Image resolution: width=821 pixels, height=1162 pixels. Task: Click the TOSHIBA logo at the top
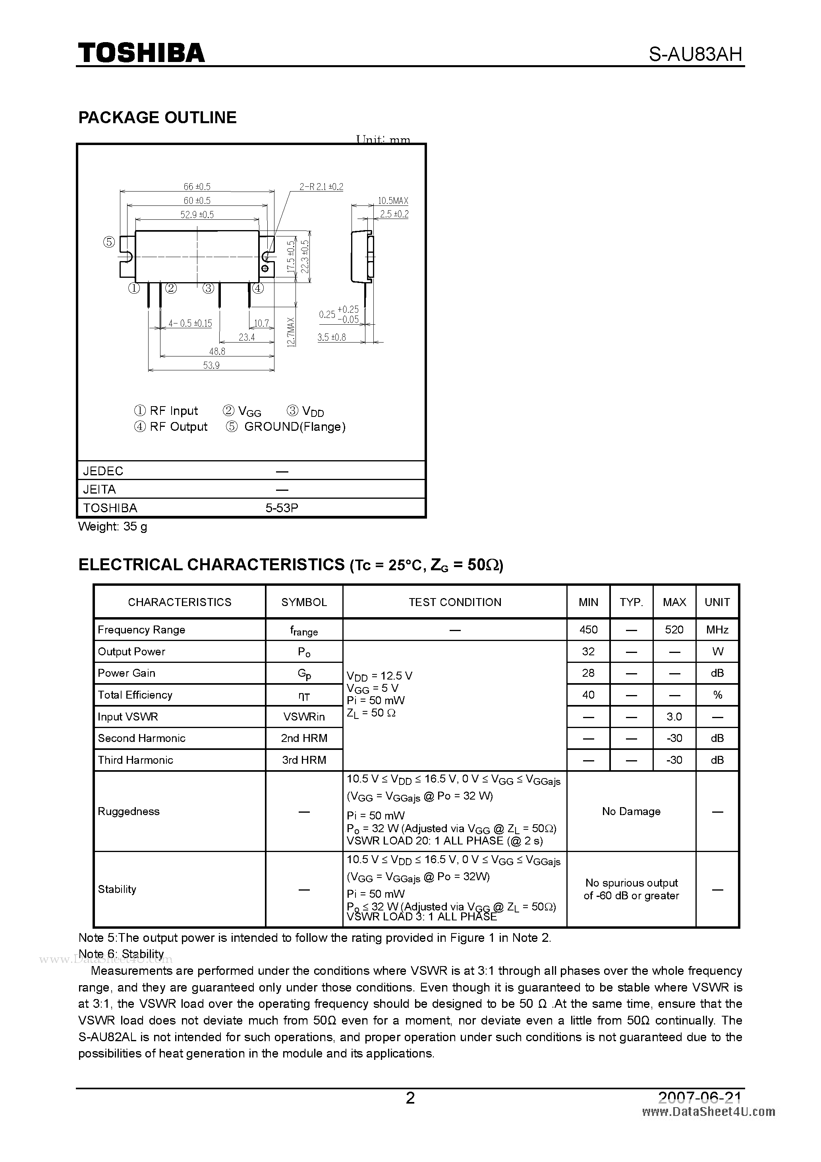pyautogui.click(x=141, y=52)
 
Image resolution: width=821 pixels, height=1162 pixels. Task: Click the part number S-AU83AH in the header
pyautogui.click(x=695, y=54)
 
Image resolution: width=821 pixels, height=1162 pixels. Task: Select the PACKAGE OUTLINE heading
pyautogui.click(x=157, y=117)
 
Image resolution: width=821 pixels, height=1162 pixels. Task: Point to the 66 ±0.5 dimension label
pyautogui.click(x=197, y=187)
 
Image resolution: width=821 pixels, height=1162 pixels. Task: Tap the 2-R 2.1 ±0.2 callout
pyautogui.click(x=321, y=187)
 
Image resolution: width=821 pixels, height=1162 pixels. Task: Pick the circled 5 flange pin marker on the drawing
pyautogui.click(x=109, y=242)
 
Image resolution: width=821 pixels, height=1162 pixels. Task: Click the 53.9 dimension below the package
pyautogui.click(x=211, y=365)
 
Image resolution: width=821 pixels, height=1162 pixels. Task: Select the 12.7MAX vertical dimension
pyautogui.click(x=290, y=332)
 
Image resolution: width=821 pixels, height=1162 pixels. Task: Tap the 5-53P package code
pyautogui.click(x=282, y=507)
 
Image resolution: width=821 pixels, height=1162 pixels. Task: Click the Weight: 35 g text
pyautogui.click(x=113, y=526)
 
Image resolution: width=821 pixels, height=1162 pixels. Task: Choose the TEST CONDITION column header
pyautogui.click(x=455, y=602)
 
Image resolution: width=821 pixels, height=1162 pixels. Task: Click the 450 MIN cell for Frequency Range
pyautogui.click(x=588, y=629)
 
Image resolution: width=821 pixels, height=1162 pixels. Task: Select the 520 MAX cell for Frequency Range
pyautogui.click(x=674, y=629)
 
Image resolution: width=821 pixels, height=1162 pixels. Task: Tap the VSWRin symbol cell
pyautogui.click(x=304, y=717)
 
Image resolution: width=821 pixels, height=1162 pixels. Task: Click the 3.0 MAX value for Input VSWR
pyautogui.click(x=674, y=717)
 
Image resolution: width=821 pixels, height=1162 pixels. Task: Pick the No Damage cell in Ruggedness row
pyautogui.click(x=631, y=811)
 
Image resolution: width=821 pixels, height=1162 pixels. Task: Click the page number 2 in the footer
pyautogui.click(x=410, y=1098)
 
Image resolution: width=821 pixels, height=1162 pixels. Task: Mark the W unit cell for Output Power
pyautogui.click(x=717, y=651)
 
